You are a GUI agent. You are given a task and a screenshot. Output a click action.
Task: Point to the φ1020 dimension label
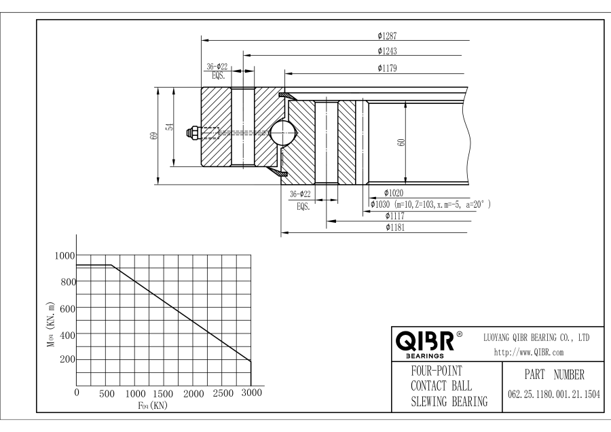pos(394,193)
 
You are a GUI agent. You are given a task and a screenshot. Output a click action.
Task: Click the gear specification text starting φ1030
pos(430,204)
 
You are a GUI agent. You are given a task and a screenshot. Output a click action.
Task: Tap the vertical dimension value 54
pos(169,126)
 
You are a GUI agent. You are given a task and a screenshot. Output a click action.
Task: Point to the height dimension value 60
pos(402,143)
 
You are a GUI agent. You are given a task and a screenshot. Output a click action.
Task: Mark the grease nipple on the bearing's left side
pos(194,134)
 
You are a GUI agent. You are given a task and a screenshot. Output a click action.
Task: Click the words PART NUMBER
pos(550,374)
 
